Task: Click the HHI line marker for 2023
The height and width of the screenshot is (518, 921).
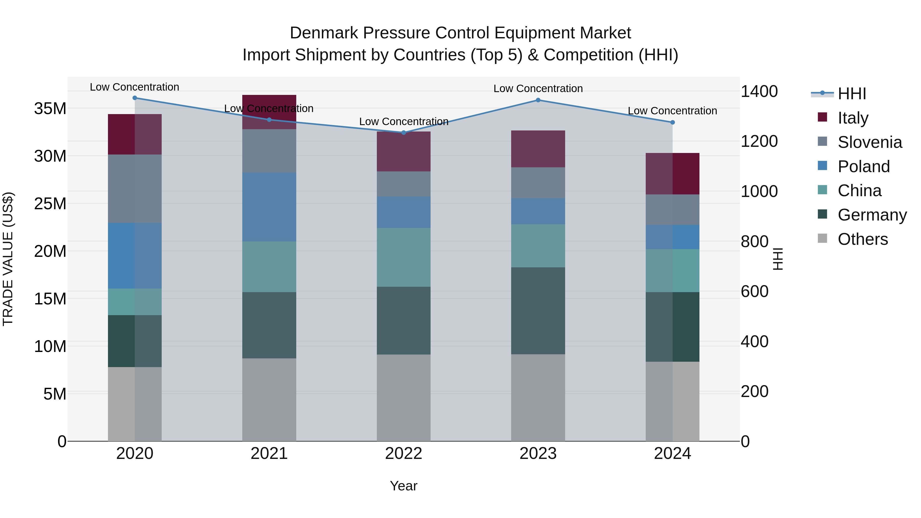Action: (x=538, y=100)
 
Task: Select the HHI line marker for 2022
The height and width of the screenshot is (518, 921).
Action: (x=404, y=133)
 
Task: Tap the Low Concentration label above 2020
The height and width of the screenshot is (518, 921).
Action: (x=134, y=87)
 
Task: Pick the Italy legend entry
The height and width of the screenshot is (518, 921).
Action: (x=852, y=118)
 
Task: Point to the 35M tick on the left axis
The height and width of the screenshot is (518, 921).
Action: (x=50, y=108)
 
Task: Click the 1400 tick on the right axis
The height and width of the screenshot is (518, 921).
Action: (x=759, y=92)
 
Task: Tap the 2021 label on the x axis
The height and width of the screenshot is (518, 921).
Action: (x=269, y=454)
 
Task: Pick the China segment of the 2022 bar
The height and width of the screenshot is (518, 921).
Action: (x=404, y=257)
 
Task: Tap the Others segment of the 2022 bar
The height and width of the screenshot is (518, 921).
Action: (x=404, y=398)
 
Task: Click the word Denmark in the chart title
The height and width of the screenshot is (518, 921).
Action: (x=324, y=33)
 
